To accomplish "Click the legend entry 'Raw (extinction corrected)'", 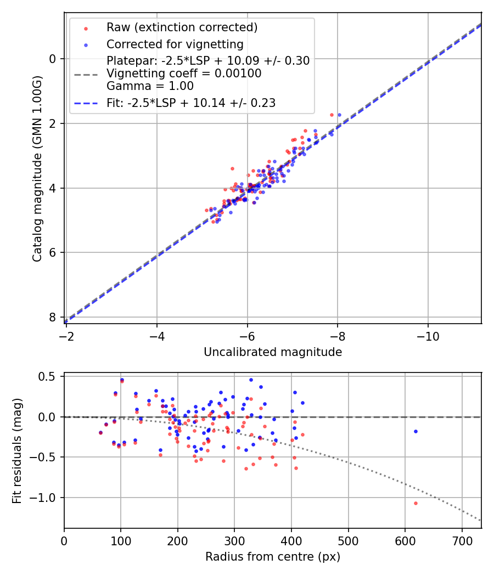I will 182,27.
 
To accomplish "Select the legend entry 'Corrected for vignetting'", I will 175,44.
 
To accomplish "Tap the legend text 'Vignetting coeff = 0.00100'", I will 184,73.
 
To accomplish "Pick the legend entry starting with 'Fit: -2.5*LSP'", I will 191,103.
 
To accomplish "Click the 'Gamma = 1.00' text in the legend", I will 150,86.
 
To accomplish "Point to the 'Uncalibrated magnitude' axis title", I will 273,352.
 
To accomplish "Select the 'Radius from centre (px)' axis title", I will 273,557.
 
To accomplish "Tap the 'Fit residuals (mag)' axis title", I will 17,450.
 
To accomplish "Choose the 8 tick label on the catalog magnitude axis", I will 53,317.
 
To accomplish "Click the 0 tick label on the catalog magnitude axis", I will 53,59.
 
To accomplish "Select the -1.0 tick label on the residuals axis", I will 46,498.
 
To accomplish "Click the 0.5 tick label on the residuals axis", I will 49,376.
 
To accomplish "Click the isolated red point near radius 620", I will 416,503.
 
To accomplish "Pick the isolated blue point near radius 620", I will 416,431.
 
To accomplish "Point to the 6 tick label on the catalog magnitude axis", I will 53,252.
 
